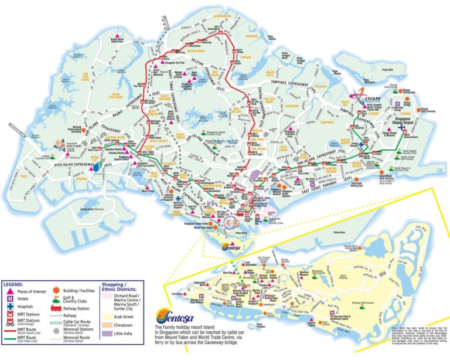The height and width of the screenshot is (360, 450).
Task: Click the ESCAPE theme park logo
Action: point(359,94)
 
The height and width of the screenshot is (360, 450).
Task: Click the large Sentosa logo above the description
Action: point(169,315)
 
